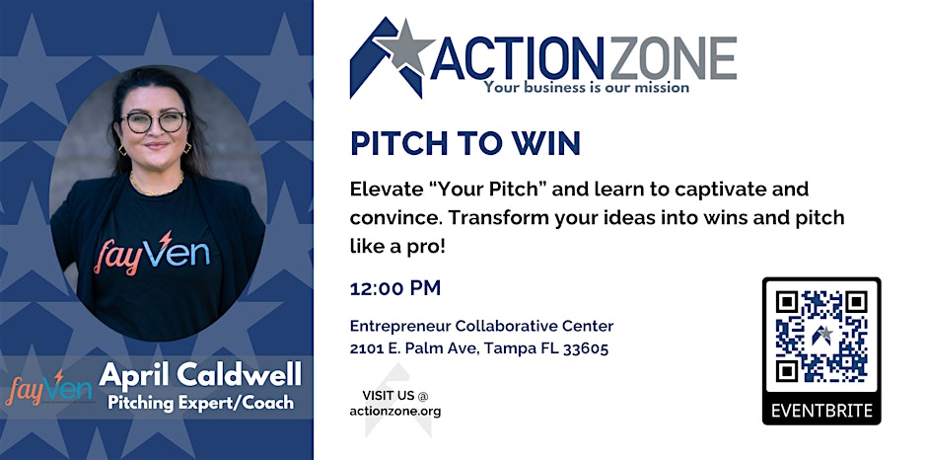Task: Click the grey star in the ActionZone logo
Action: (x=404, y=48)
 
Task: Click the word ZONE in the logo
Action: (x=674, y=58)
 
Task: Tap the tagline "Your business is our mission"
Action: (x=587, y=88)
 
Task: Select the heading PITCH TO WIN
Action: (x=465, y=143)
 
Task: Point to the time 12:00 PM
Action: (x=395, y=288)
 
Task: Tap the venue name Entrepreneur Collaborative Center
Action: (x=482, y=326)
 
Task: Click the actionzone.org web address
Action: (x=395, y=411)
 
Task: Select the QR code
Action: (x=821, y=337)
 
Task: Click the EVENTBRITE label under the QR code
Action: (x=821, y=410)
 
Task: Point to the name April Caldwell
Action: (x=200, y=375)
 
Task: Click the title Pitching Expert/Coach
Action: (x=200, y=403)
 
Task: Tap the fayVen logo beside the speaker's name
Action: (x=49, y=389)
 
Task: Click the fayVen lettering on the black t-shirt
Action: (x=152, y=254)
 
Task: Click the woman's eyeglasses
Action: (x=154, y=122)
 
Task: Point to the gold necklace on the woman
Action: (x=156, y=186)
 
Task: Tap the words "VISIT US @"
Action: (x=394, y=396)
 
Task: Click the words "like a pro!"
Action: (x=397, y=246)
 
